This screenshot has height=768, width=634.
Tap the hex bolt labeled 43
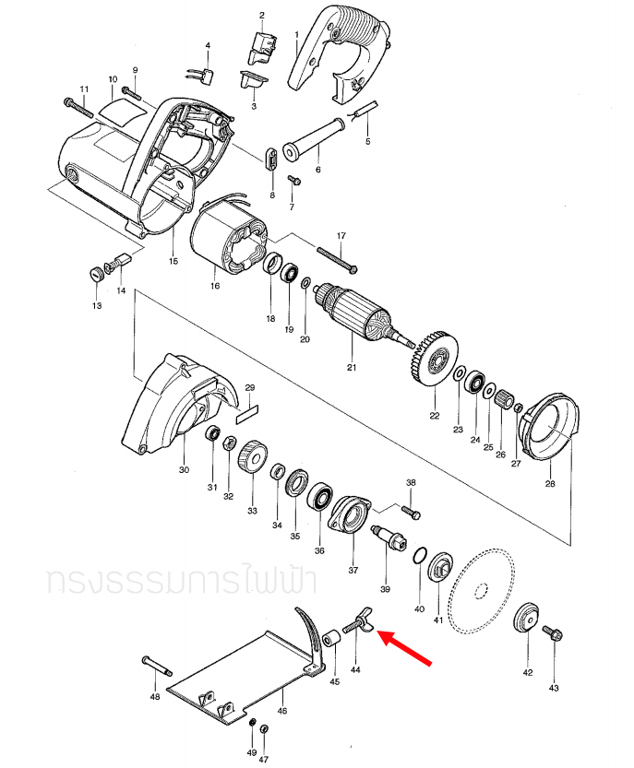pos(554,635)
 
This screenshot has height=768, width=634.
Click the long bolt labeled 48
pos(158,667)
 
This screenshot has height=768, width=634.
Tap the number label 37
pos(353,570)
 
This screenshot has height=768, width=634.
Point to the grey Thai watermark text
pos(180,581)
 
